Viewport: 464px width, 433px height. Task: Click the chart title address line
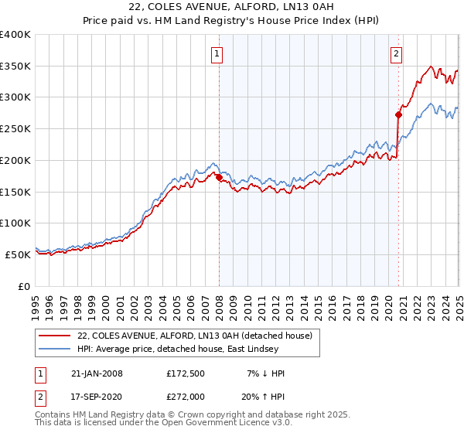[x=233, y=8]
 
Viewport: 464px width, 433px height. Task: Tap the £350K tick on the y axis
[x=15, y=66]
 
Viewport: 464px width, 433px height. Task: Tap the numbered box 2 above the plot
[x=396, y=54]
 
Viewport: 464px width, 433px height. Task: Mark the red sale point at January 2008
[x=220, y=177]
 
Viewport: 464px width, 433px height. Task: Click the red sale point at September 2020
[x=398, y=115]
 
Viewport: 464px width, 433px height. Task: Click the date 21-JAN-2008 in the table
[x=97, y=373]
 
